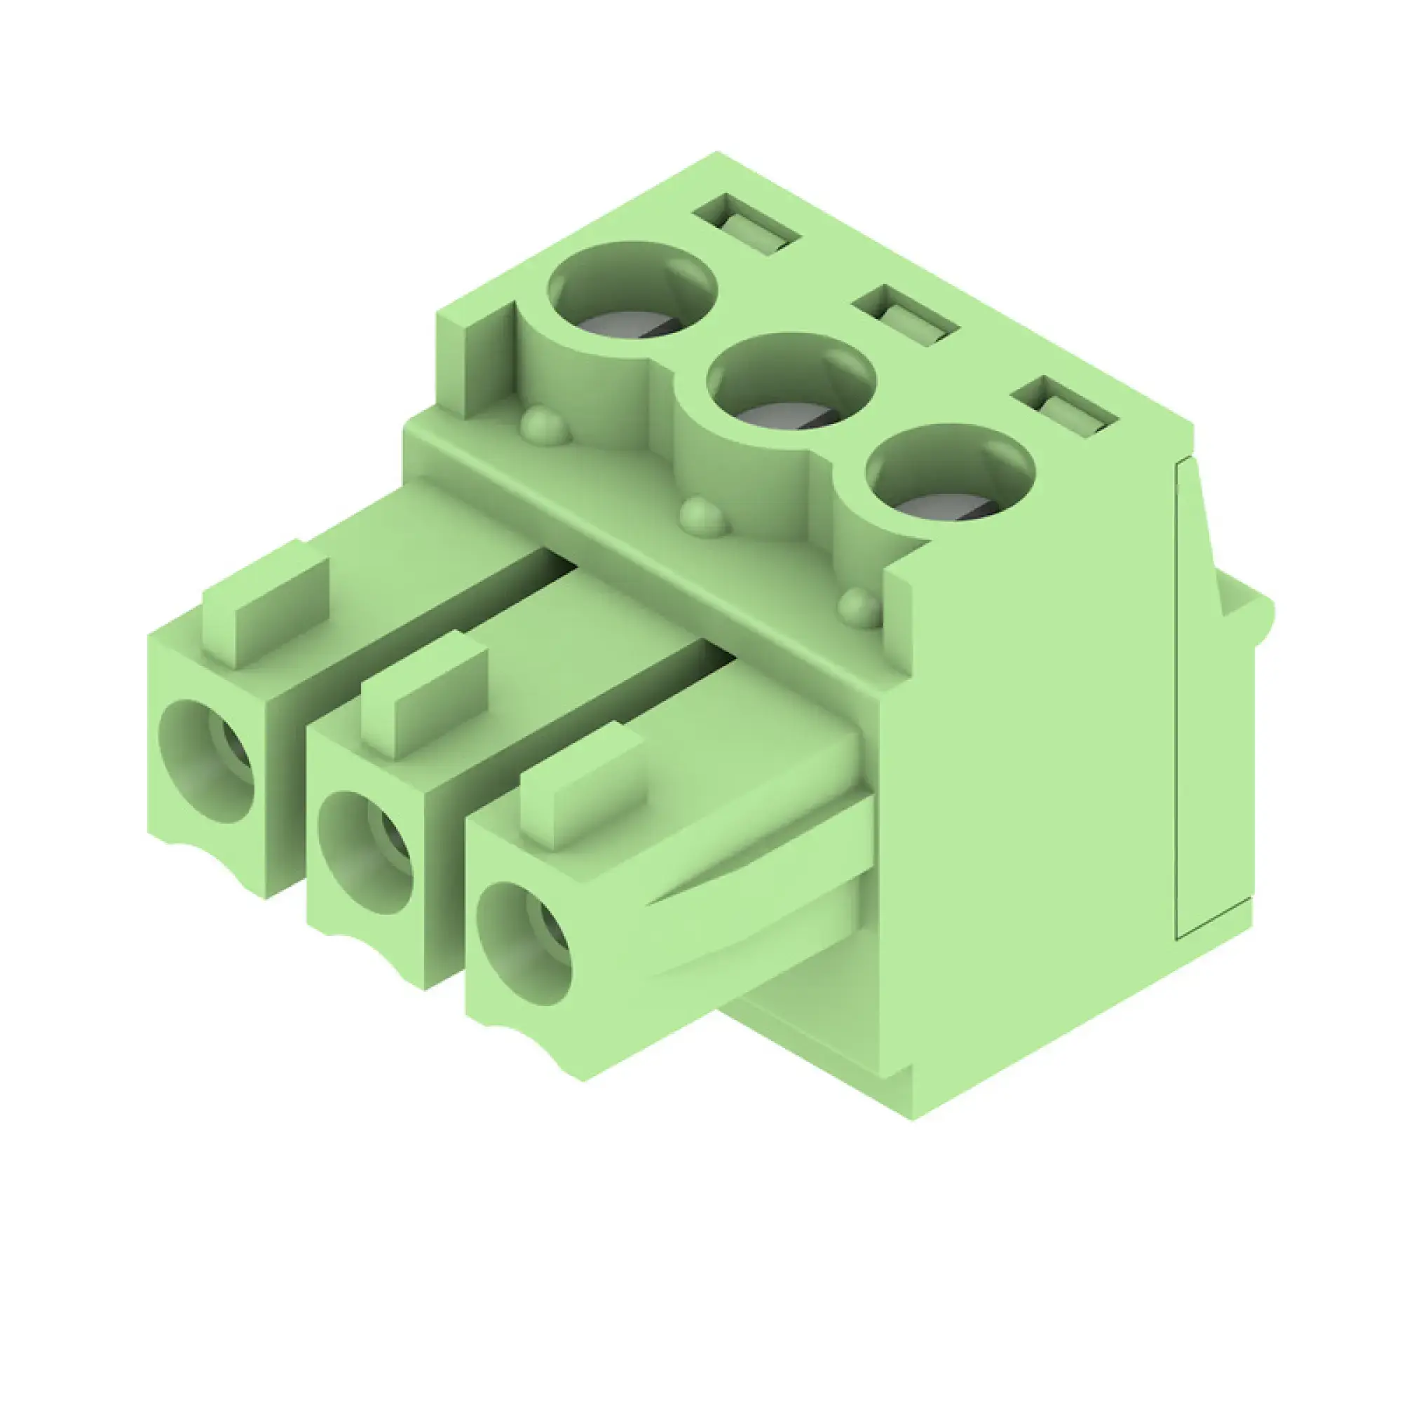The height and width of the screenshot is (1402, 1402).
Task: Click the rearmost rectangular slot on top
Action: point(747,224)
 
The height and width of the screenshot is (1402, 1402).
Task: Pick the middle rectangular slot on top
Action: point(907,315)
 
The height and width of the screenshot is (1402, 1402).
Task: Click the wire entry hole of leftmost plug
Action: point(207,762)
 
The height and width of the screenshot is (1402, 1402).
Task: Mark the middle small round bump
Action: point(702,517)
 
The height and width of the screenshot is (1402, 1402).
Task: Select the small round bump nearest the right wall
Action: point(862,608)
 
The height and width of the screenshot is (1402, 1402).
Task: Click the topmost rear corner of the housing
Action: point(717,153)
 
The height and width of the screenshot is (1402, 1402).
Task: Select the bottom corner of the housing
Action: point(912,1118)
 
